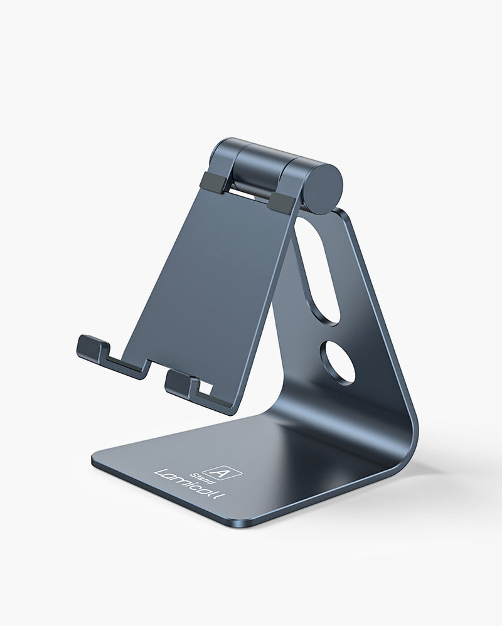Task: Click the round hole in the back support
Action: (337, 363)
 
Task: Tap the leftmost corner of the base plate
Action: (94, 461)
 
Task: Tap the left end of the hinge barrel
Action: (216, 154)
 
